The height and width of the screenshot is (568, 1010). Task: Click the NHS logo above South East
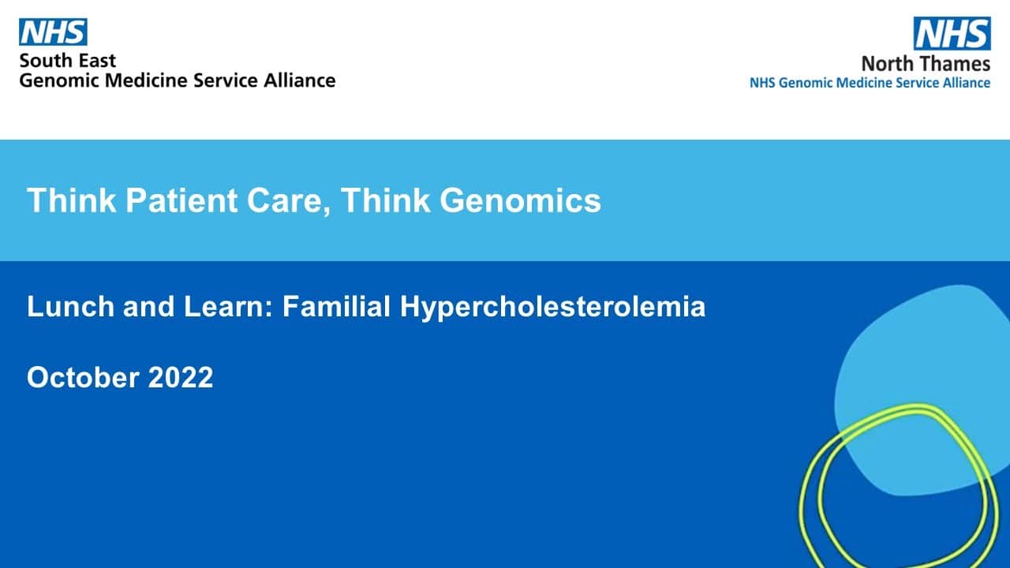[x=53, y=32]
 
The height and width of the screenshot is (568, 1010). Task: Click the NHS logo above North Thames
[x=952, y=33]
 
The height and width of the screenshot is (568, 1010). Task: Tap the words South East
[x=68, y=61]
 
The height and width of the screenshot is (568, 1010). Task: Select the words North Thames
[x=926, y=64]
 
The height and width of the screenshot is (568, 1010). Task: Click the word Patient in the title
[x=181, y=200]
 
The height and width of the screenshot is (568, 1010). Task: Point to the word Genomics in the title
[x=520, y=200]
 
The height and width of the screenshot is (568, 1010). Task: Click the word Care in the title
[x=289, y=201]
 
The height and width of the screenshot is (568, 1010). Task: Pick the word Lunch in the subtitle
[x=70, y=307]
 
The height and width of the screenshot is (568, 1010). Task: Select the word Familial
[x=336, y=307]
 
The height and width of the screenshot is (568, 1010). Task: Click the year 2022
[x=181, y=377]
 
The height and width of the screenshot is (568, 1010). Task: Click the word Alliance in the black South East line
[x=299, y=80]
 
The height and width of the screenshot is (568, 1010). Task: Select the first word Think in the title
[x=71, y=200]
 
